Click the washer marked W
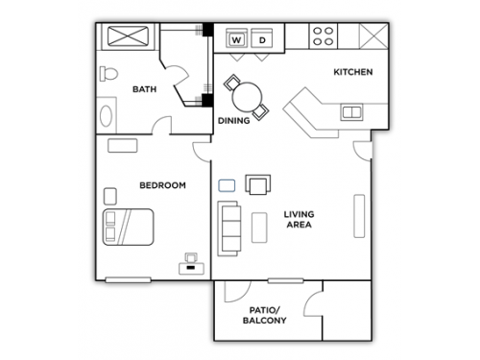pos(236,38)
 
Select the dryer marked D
pos(262,38)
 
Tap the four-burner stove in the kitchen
pos(324,36)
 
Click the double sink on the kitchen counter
pos(351,112)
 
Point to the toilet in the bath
pos(108,74)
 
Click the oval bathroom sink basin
pos(106,115)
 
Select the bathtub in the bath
pos(128,36)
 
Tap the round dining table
pos(247,97)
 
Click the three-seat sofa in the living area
pos(229,228)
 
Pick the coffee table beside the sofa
pos(259,228)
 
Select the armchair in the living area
pos(258,184)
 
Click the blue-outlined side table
pos(227,185)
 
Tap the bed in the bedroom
pos(128,228)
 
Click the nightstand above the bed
pos(110,196)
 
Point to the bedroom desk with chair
pos(191,264)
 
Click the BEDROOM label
pos(162,185)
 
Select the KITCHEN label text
pos(353,72)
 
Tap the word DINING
pos(233,121)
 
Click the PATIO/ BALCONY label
pos(265,315)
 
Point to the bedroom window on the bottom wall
pos(128,280)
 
